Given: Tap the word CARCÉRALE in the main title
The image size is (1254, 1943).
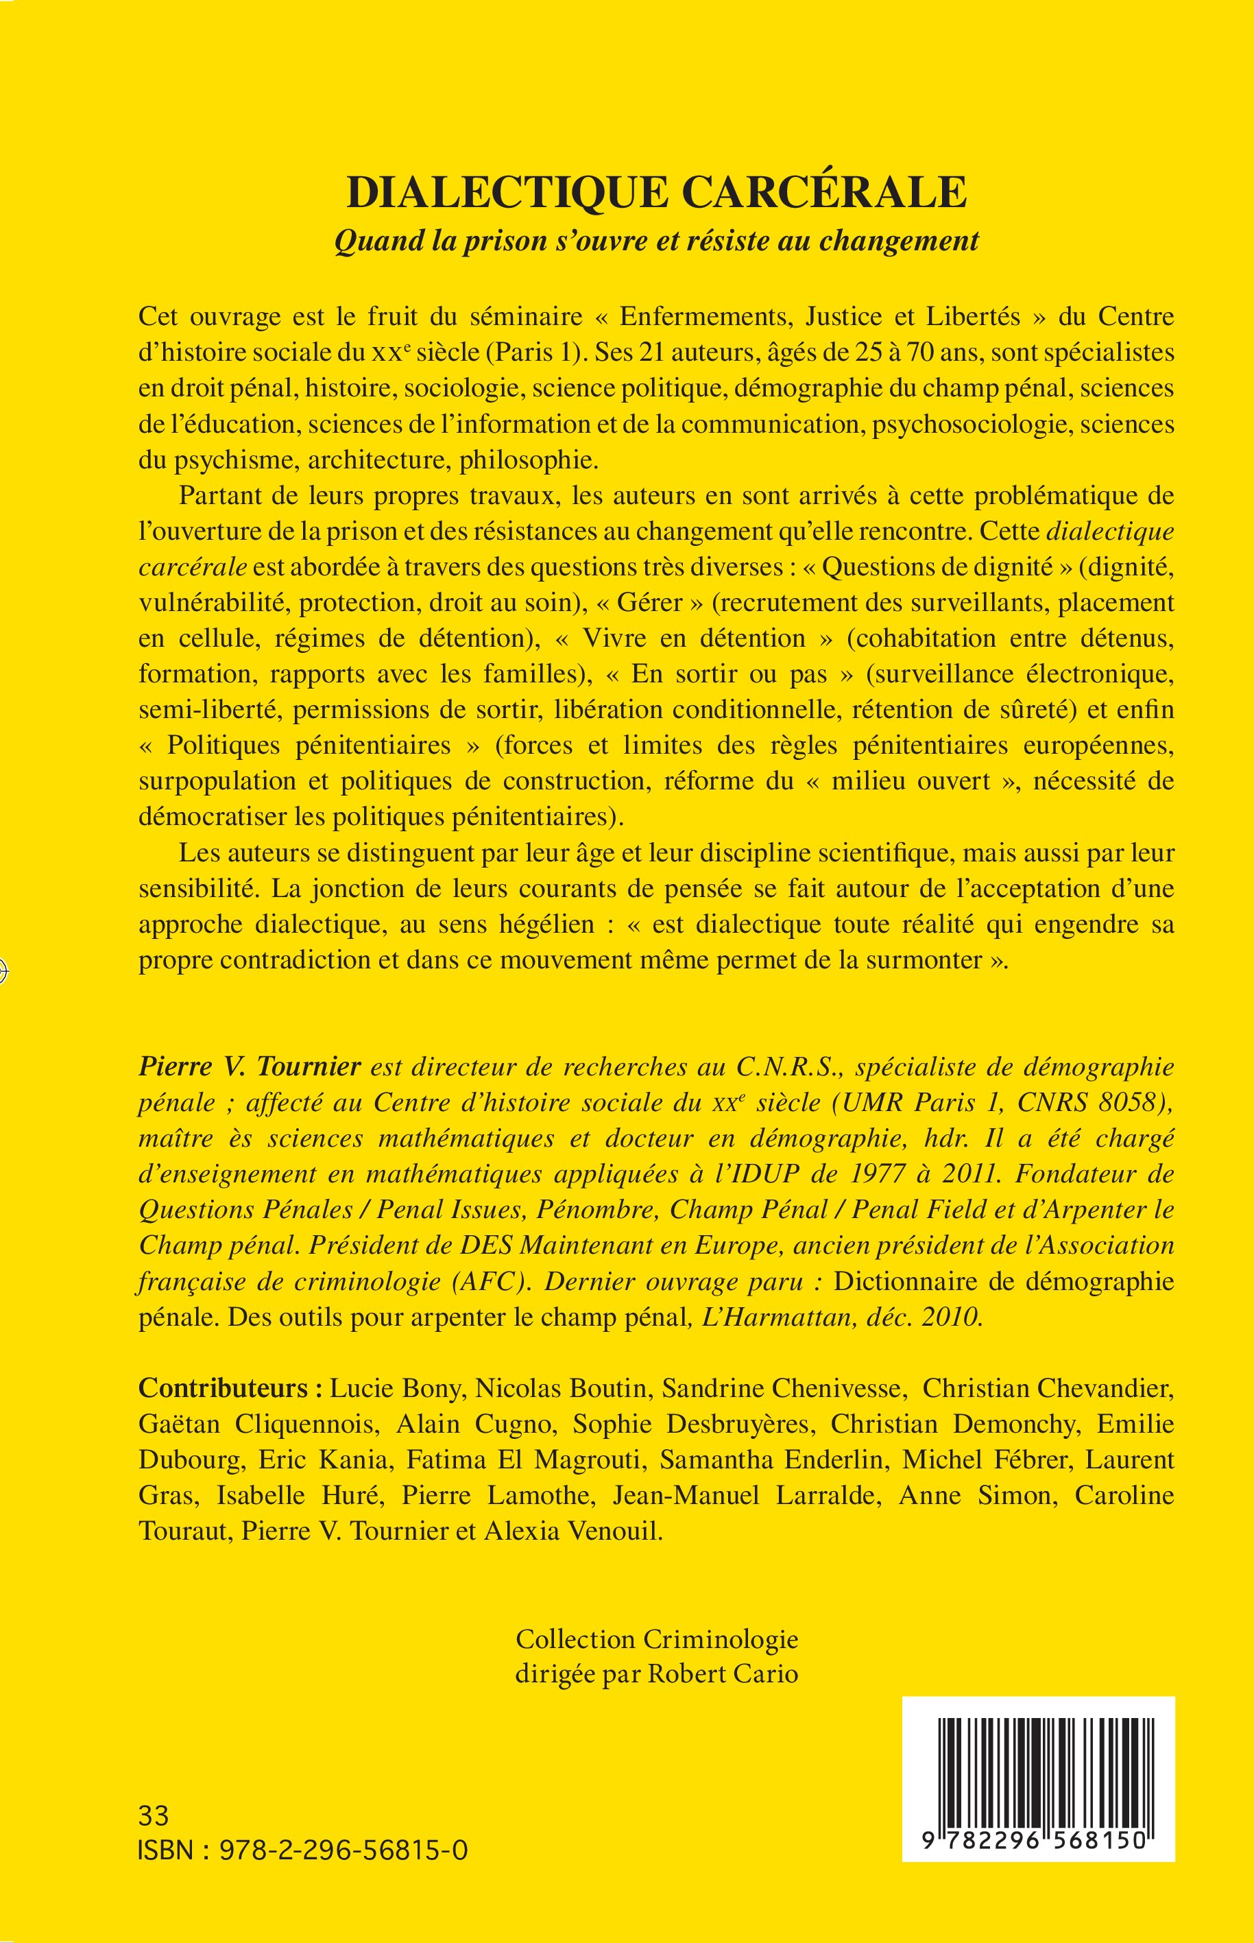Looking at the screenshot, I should (824, 193).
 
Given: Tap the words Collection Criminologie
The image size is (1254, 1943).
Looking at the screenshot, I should (656, 1638).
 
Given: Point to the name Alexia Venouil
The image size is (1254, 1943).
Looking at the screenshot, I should (573, 1531).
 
